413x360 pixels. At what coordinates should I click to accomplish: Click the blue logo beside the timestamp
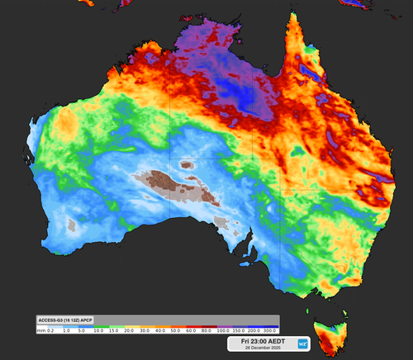click(303, 343)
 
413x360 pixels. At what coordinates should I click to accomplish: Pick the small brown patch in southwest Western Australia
click(71, 225)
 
